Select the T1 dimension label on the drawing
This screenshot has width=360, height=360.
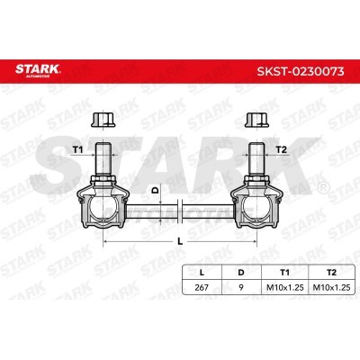[x=77, y=149]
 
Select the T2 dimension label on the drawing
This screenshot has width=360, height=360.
[x=281, y=149]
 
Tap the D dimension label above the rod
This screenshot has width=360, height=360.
[x=155, y=190]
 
